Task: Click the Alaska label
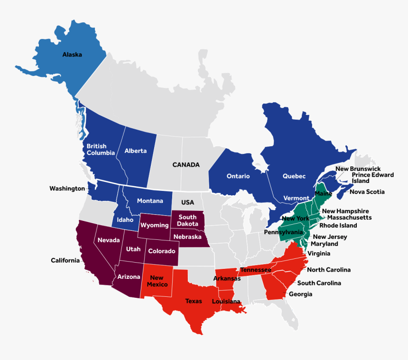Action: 72,55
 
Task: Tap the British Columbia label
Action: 100,150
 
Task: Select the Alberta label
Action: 136,151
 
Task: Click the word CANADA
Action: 186,165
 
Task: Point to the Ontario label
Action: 238,176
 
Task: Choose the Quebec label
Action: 294,176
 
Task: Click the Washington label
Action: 67,189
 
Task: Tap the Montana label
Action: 150,201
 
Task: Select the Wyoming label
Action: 155,225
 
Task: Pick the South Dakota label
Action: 187,220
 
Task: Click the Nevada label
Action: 109,240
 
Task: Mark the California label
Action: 65,260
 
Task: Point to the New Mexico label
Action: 157,281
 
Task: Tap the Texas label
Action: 194,301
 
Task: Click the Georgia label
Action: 301,294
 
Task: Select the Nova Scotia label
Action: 367,192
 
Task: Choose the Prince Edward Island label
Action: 372,178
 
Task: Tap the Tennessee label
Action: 256,270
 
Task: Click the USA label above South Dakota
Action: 187,202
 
